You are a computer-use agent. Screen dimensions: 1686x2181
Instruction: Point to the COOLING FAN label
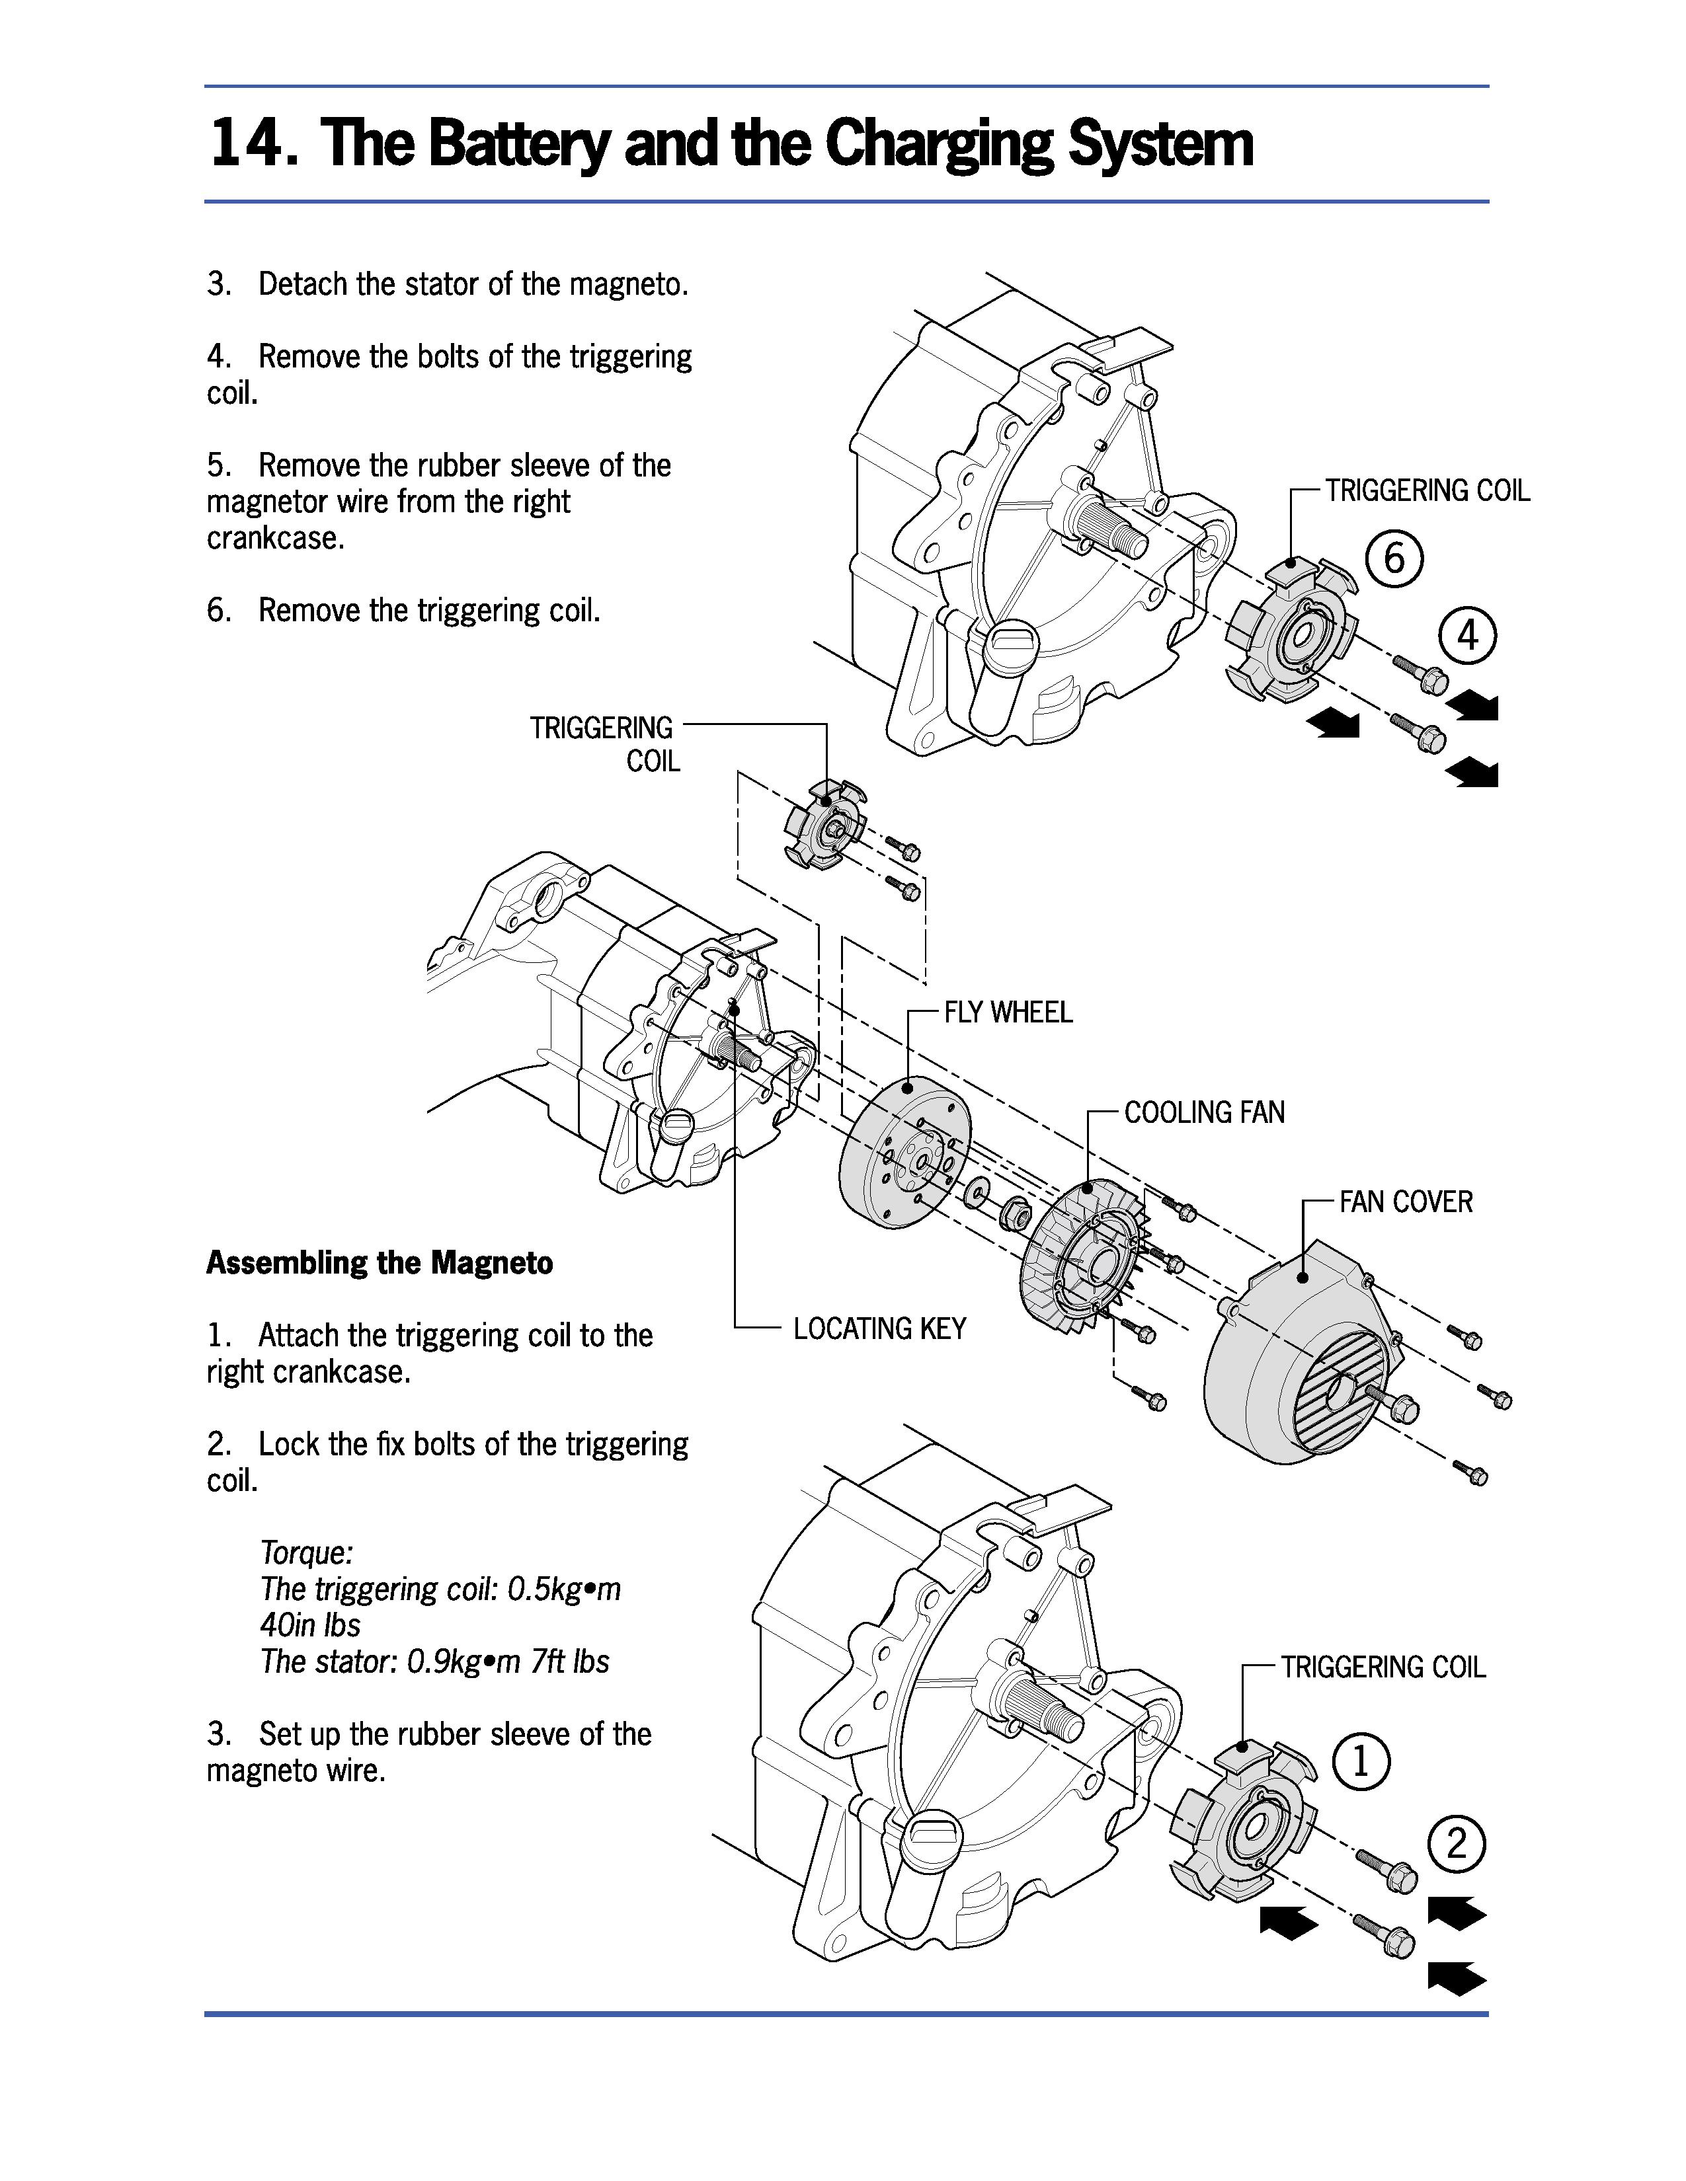coord(1205,1112)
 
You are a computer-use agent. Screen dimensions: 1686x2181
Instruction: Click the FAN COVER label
coord(1406,1202)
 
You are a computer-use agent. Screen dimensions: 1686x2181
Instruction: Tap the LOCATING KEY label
coord(879,1328)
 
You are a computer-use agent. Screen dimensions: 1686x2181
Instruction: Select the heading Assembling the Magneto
coord(380,1263)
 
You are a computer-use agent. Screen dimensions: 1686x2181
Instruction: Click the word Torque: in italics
coord(307,1553)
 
